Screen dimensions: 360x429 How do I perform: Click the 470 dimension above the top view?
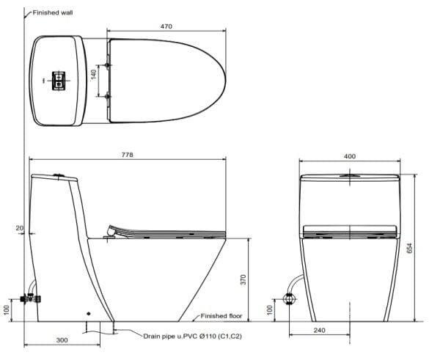point(166,26)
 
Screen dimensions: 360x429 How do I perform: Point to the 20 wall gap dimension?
point(20,229)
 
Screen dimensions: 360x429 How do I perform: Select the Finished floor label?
point(222,317)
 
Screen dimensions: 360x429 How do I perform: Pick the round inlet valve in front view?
point(288,298)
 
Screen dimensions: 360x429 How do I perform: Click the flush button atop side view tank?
point(58,175)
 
